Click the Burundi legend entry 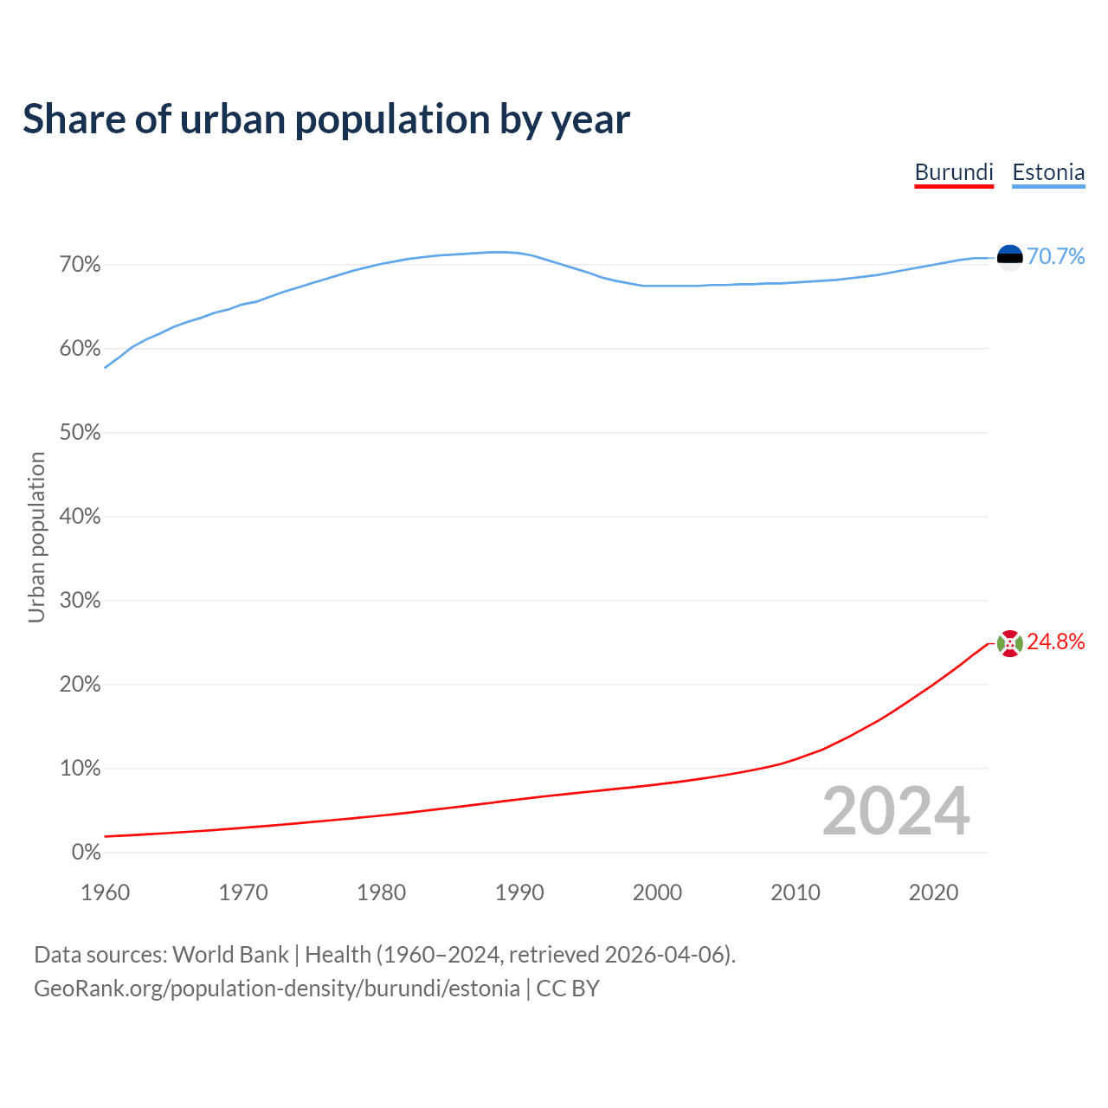(954, 172)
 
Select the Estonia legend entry (1048, 172)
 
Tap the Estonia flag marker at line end (1010, 257)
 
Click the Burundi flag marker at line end (1010, 643)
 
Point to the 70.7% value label (1056, 256)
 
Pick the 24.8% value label (1056, 641)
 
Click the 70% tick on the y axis (81, 265)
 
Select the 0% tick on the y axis (87, 853)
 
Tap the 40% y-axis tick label (81, 517)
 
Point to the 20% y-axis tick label (81, 685)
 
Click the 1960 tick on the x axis (105, 892)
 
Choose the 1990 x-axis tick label (519, 892)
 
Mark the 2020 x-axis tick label (933, 892)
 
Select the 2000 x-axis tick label (657, 892)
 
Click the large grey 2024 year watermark (896, 811)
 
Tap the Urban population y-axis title (36, 538)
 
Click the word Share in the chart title (74, 119)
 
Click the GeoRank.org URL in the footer (277, 989)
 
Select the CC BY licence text (568, 989)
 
